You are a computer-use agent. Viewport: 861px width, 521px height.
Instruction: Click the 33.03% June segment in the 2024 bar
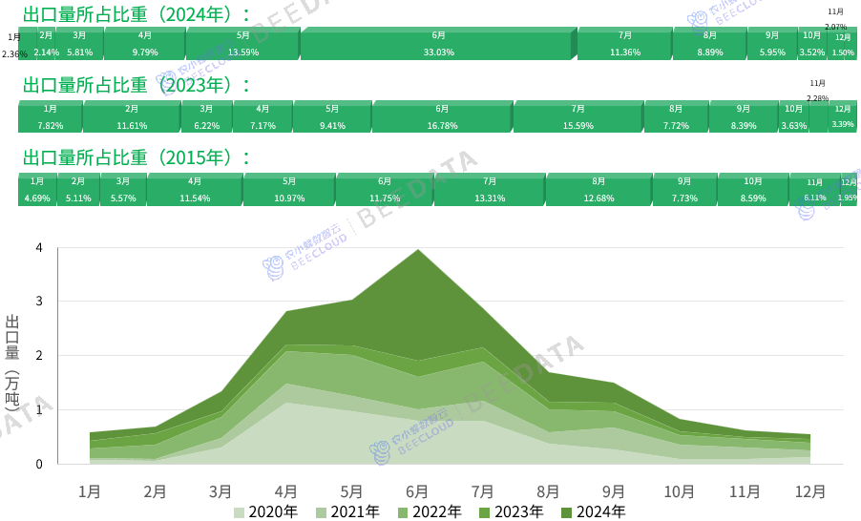[438, 44]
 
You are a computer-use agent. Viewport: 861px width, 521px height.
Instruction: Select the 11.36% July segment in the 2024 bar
[624, 44]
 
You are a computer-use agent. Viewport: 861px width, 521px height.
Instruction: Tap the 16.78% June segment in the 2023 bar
[442, 116]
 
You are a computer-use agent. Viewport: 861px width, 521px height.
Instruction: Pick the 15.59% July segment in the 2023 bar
[577, 116]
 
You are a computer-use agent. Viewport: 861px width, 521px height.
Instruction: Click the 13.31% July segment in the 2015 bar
[489, 190]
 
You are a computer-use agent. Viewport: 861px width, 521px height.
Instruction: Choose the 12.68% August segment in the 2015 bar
[598, 190]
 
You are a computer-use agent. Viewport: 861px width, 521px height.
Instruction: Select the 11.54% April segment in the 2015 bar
[194, 190]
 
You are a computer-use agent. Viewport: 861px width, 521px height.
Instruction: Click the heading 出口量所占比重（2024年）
[136, 13]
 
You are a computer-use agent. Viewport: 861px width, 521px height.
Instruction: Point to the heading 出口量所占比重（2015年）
[136, 157]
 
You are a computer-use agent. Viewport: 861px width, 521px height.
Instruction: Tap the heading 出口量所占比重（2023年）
[136, 85]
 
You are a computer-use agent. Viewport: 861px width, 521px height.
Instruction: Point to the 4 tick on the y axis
[39, 248]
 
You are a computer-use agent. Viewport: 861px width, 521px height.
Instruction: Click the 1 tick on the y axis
[39, 410]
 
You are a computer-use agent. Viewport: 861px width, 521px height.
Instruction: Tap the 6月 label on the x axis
[417, 491]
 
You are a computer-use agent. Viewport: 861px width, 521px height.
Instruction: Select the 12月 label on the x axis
[810, 491]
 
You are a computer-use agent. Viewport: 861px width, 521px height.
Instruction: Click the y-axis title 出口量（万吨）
[12, 362]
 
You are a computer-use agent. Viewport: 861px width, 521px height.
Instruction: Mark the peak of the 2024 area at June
[417, 250]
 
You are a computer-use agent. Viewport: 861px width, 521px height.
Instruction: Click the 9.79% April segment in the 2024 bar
[144, 44]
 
